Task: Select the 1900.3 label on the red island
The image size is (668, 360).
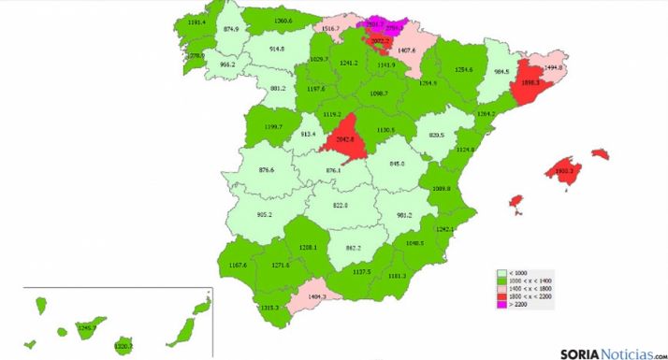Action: (x=563, y=172)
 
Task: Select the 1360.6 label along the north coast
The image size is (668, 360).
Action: (x=283, y=21)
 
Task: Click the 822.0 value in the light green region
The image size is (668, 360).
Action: (x=340, y=205)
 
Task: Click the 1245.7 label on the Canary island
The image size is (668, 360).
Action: (x=86, y=327)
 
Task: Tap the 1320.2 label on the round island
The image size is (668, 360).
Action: (x=123, y=346)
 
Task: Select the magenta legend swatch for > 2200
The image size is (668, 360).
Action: (x=501, y=305)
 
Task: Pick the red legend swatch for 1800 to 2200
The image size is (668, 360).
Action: (x=501, y=296)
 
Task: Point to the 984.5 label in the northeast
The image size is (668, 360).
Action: (x=501, y=72)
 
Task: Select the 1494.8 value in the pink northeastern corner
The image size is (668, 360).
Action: (x=553, y=67)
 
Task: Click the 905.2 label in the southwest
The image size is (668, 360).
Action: (x=264, y=213)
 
